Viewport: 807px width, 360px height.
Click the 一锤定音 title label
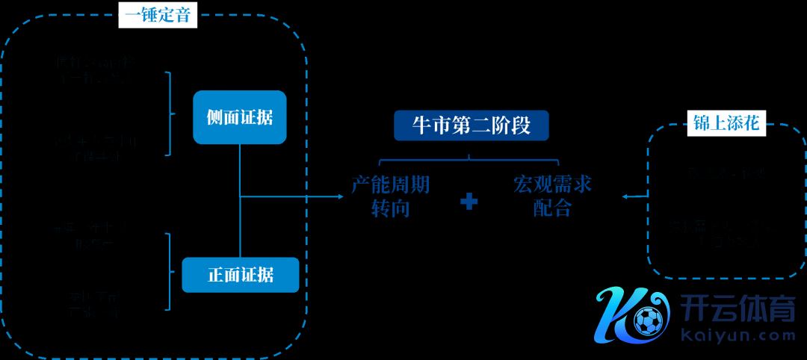[158, 15]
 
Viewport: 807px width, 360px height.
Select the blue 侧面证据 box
[239, 117]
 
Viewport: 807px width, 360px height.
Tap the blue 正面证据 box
[240, 275]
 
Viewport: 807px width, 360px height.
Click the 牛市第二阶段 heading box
[471, 125]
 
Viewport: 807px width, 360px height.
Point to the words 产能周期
[391, 184]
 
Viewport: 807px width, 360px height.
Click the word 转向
[391, 208]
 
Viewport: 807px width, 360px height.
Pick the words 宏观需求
[553, 184]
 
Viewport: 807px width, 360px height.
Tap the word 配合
[553, 208]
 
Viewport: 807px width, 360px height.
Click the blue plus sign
[469, 201]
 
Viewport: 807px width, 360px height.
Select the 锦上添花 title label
[726, 124]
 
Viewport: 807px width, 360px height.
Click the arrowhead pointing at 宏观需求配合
[625, 197]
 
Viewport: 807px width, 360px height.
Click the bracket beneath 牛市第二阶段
[469, 159]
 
